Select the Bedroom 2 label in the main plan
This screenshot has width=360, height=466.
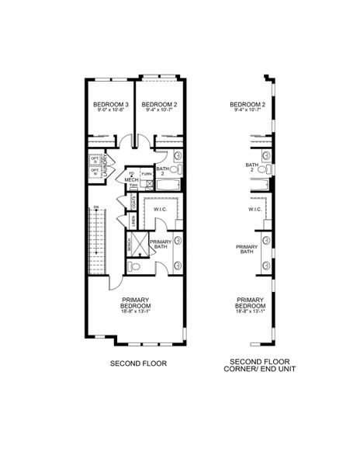[x=160, y=104]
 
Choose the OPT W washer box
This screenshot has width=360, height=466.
[x=95, y=173]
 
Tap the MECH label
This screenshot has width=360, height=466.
[x=131, y=180]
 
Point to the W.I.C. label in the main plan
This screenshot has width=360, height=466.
[x=161, y=209]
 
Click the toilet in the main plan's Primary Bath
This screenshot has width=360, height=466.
[x=133, y=266]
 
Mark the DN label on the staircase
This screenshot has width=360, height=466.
[x=96, y=207]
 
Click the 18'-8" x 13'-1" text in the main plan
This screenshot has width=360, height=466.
[x=135, y=313]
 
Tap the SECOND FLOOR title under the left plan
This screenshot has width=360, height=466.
[x=138, y=363]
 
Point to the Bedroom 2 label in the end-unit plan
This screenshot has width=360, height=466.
[x=248, y=104]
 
